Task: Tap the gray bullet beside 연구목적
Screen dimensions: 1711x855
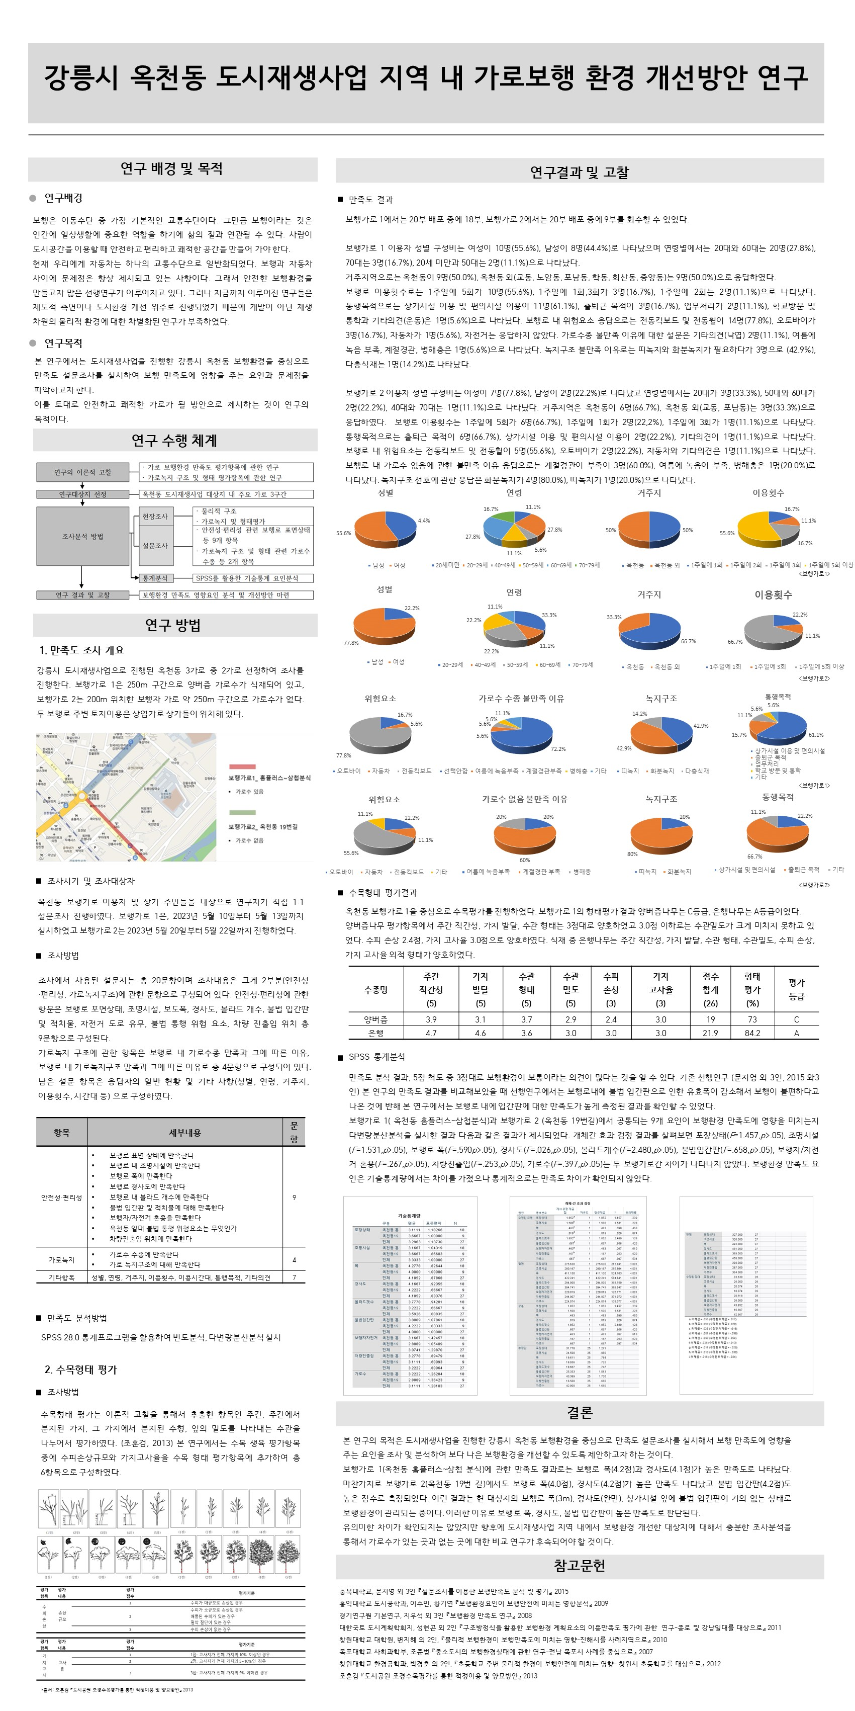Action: click(x=33, y=343)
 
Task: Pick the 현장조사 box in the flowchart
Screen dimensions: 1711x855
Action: click(x=155, y=516)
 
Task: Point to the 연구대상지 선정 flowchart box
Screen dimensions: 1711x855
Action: click(x=82, y=494)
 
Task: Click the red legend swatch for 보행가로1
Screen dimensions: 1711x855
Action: click(x=242, y=766)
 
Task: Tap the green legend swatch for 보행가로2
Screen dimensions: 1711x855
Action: click(x=242, y=812)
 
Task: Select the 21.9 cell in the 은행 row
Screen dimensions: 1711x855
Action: click(x=710, y=1033)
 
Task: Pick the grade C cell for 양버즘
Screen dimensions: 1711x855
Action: click(x=796, y=1019)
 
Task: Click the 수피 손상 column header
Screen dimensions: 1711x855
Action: click(x=611, y=989)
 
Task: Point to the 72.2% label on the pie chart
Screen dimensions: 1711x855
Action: click(x=557, y=748)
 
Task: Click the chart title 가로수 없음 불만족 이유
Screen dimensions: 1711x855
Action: click(x=524, y=799)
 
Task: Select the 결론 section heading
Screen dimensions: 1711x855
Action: click(x=579, y=1413)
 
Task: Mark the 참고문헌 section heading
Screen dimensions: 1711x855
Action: click(x=579, y=1566)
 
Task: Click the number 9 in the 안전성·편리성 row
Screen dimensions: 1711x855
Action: click(x=294, y=1197)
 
